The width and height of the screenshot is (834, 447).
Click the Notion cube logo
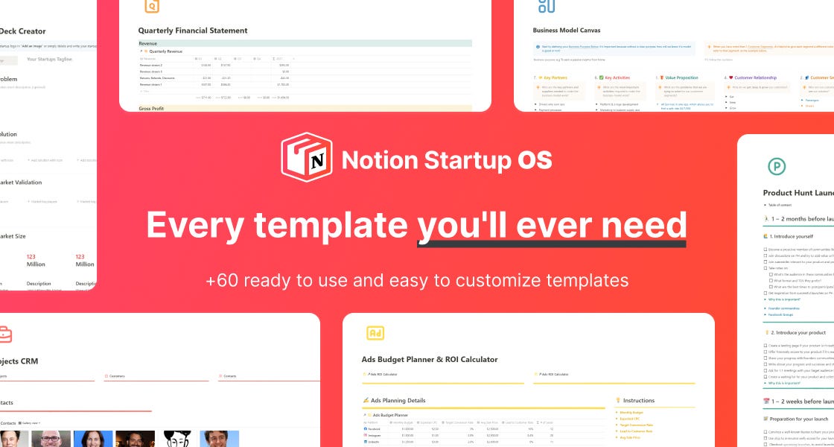306,157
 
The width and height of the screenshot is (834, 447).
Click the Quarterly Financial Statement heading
193,31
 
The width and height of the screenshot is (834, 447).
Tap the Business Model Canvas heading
567,31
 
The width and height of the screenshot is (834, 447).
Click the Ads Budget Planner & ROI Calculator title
430,359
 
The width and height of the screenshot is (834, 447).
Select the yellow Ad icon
375,333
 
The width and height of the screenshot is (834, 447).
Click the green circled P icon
777,166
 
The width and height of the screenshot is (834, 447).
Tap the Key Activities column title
618,77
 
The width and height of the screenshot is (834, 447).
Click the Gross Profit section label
153,109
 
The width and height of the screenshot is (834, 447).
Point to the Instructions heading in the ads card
639,400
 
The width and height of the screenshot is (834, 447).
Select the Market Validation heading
21,182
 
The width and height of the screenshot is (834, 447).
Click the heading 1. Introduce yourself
797,236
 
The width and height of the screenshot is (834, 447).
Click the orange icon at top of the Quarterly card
151,6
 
